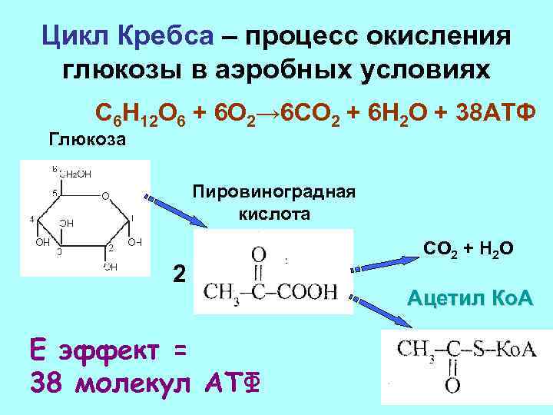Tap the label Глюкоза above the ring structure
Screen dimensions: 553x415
click(x=88, y=141)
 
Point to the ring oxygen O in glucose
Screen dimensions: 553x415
click(x=105, y=194)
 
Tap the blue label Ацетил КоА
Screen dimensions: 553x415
click(x=470, y=297)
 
